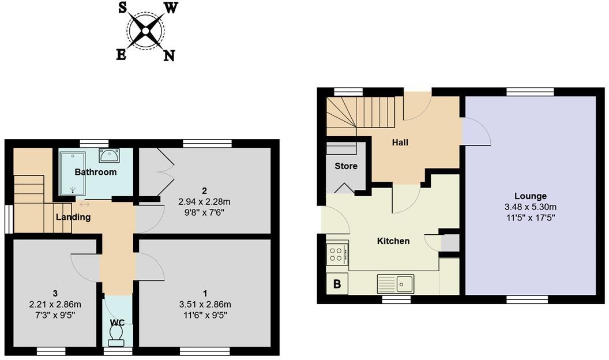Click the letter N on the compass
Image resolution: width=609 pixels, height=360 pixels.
(169, 55)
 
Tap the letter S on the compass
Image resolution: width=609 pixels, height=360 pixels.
(123, 7)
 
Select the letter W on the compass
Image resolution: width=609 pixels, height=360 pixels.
(172, 7)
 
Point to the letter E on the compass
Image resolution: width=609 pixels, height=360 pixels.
(121, 54)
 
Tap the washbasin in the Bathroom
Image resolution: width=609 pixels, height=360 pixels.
(109, 155)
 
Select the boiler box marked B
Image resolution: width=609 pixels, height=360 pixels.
(337, 284)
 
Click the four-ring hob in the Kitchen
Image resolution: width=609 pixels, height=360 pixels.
(337, 254)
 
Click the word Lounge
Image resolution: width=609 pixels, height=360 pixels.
(531, 196)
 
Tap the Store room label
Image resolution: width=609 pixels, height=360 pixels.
(346, 166)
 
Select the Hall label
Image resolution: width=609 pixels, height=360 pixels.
(400, 142)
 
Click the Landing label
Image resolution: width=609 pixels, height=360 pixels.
(73, 217)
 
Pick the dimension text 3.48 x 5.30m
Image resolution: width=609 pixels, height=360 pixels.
(531, 207)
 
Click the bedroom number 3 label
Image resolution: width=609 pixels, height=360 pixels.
(55, 294)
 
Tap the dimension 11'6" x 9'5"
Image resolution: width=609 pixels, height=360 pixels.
(205, 315)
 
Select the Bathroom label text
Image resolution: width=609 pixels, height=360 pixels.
(96, 172)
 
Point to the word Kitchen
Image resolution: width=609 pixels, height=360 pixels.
(393, 241)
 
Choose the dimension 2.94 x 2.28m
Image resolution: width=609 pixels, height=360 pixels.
(204, 202)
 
